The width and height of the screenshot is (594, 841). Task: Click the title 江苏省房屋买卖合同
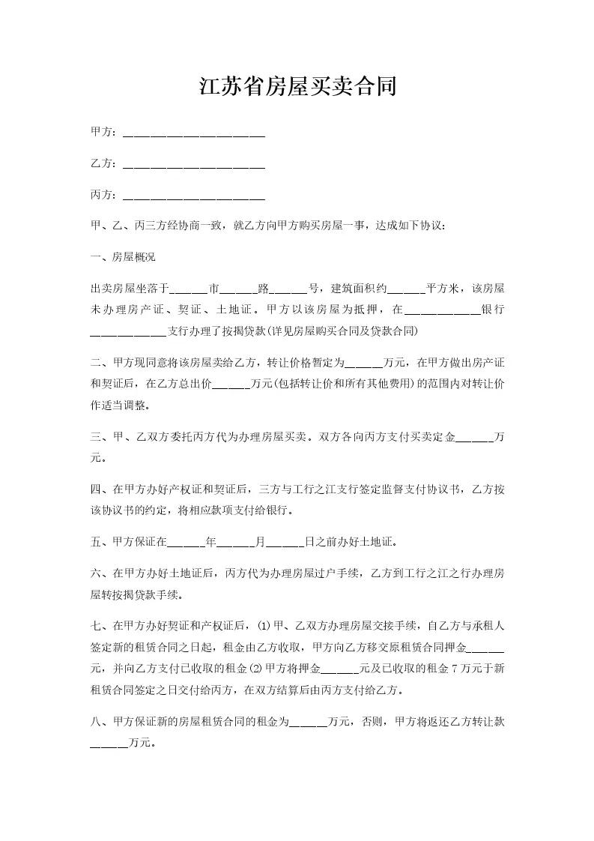297,88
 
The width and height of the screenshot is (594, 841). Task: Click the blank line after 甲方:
193,133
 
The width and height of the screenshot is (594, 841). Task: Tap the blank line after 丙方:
193,196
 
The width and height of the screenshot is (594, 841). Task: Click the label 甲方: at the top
103,133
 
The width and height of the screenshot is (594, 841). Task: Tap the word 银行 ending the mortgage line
493,309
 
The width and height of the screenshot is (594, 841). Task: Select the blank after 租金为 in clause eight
307,723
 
